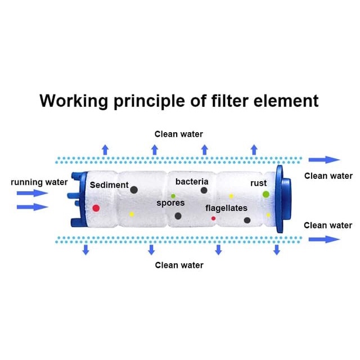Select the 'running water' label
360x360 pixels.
pyautogui.click(x=39, y=182)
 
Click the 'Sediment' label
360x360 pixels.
pyautogui.click(x=109, y=185)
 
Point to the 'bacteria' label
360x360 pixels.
pyautogui.click(x=192, y=182)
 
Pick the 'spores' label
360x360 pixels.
pyautogui.click(x=170, y=204)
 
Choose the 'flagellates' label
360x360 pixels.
pyautogui.click(x=226, y=208)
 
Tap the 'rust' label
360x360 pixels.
pyautogui.click(x=259, y=183)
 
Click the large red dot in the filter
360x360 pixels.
pyautogui.click(x=96, y=208)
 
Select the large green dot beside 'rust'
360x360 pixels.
pyautogui.click(x=265, y=194)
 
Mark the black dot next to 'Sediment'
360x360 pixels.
pyautogui.click(x=134, y=190)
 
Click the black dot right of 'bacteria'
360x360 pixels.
pyautogui.click(x=204, y=190)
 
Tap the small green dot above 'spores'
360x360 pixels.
pyautogui.click(x=173, y=196)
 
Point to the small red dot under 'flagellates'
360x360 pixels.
pyautogui.click(x=213, y=218)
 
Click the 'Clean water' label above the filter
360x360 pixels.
pyautogui.click(x=179, y=134)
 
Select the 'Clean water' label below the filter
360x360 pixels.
pyautogui.click(x=179, y=265)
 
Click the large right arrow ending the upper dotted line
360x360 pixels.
pyautogui.click(x=325, y=160)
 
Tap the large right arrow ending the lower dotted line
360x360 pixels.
pyautogui.click(x=325, y=239)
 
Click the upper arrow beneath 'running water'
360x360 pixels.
pyautogui.click(x=33, y=193)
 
